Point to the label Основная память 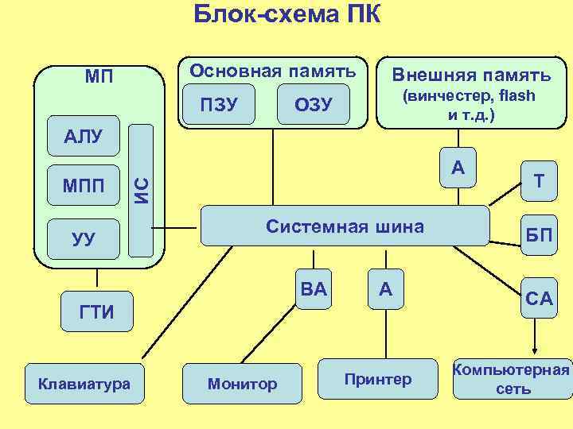[271, 71]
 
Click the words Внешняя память [470, 75]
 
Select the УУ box [84, 238]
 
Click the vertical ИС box [140, 190]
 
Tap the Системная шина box [345, 226]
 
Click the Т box [539, 181]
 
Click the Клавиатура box [84, 384]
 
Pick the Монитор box [242, 384]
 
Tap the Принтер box [378, 379]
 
